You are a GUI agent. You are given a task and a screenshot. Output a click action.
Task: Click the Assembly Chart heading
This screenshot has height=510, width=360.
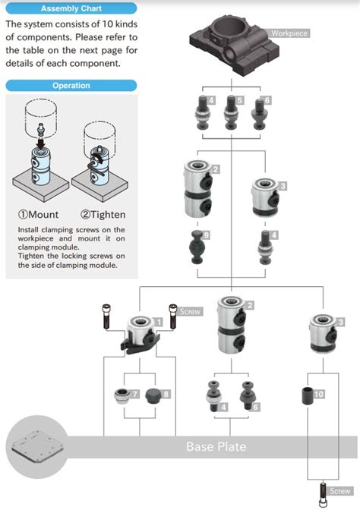69,8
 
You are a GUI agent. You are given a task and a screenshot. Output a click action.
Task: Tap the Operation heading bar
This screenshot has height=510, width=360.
71,86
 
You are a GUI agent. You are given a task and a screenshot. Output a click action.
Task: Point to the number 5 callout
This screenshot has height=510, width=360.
240,100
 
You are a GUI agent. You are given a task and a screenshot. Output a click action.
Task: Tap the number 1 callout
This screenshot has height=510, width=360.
158,322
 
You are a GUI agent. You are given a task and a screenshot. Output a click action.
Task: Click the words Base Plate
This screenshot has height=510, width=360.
216,446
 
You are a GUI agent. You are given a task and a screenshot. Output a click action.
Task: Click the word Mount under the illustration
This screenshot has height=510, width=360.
43,214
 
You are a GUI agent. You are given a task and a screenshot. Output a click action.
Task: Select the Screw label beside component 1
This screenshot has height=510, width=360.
190,311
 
